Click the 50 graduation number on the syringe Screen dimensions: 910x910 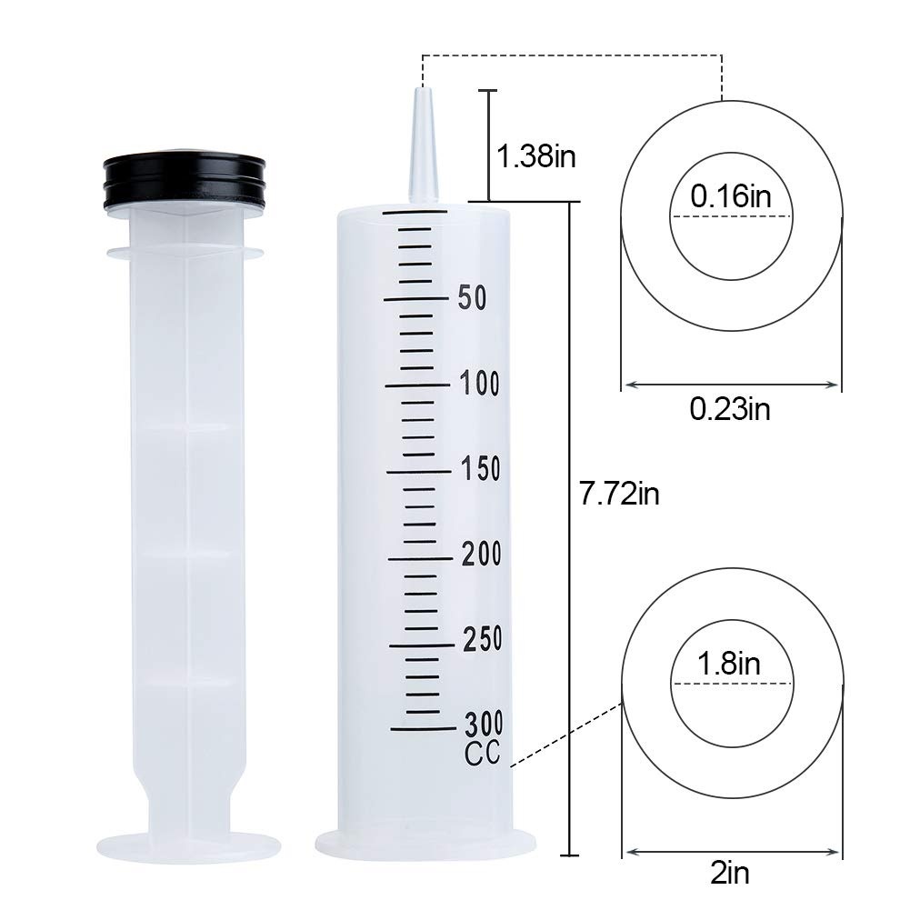pos(472,297)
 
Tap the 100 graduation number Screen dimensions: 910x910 pos(479,384)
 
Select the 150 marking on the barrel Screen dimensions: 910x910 pos(481,469)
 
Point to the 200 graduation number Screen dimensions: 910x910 pos(482,554)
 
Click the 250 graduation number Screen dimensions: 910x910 pos(483,639)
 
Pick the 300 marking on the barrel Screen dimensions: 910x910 pos(484,724)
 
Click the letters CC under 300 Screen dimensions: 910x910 pos(483,754)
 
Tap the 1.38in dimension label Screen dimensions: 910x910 pos(536,156)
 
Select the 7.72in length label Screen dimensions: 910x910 pos(619,495)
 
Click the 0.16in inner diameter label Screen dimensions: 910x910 pos(731,196)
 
